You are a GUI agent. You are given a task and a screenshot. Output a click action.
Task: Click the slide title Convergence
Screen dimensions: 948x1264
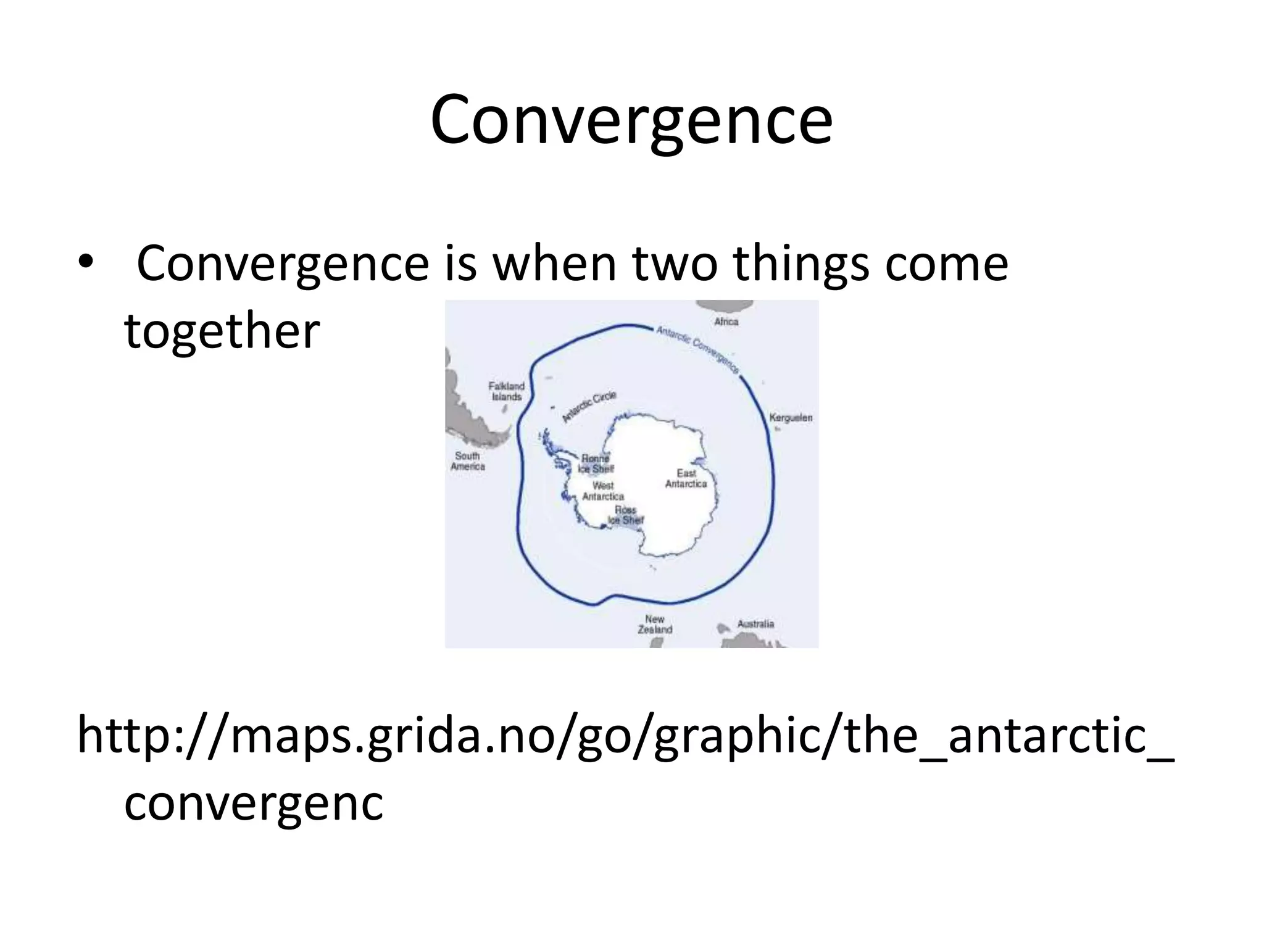(631, 120)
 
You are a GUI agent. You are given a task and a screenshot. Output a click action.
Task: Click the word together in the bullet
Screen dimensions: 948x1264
(222, 331)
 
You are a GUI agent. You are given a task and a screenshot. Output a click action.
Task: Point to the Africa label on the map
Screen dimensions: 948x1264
(726, 322)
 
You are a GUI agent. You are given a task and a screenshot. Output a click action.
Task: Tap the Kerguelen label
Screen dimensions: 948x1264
(791, 418)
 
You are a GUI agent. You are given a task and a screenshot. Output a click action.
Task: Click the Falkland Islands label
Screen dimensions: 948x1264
(506, 391)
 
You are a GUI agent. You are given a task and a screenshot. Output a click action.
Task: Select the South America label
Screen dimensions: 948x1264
(468, 461)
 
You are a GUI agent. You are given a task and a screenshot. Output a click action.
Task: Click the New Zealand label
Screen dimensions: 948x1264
(655, 624)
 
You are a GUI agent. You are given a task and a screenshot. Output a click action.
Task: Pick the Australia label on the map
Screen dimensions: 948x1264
(755, 624)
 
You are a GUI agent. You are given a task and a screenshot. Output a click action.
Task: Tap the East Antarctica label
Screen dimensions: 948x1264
(686, 478)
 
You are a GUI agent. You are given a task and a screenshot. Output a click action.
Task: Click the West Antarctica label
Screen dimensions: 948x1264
(603, 491)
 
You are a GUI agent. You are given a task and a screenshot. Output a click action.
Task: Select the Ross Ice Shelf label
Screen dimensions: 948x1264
(625, 515)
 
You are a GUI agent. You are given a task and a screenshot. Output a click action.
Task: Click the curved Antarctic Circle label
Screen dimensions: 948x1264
(589, 407)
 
